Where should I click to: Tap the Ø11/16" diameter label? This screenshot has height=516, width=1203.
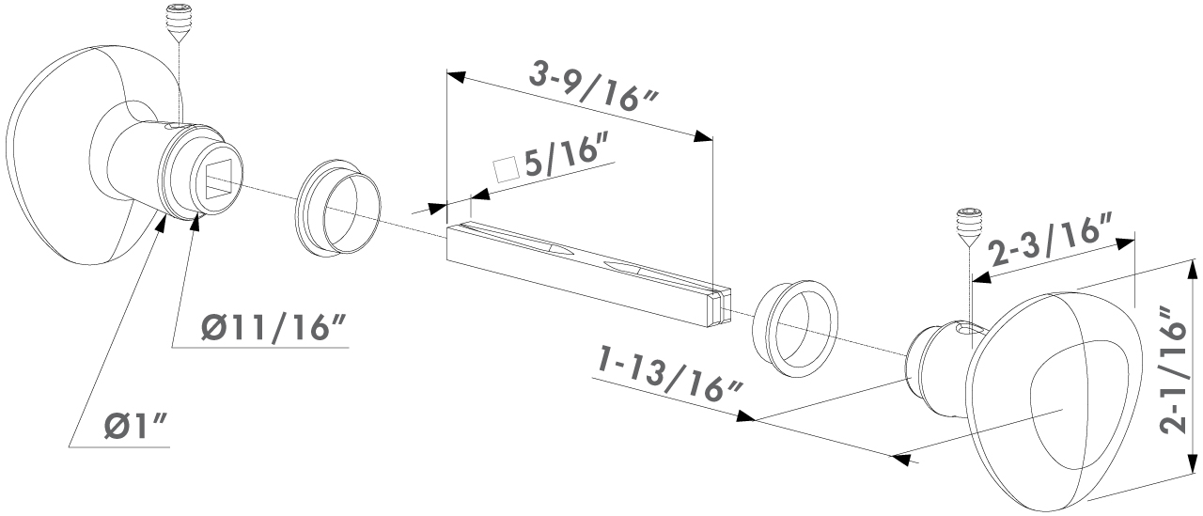[x=273, y=327]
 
